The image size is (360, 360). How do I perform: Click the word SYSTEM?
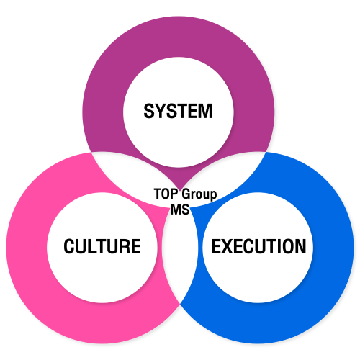[x=178, y=111]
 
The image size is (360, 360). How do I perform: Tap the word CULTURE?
[x=102, y=246]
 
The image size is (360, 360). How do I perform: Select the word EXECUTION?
[x=258, y=246]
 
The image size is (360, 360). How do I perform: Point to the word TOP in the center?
[x=166, y=194]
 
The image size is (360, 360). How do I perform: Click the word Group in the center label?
[x=199, y=195]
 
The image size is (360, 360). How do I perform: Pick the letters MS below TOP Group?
[x=180, y=210]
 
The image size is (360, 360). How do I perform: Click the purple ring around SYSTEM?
[x=179, y=36]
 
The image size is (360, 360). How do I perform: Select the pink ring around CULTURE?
[x=27, y=247]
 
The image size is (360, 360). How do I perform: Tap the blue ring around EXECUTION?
[x=333, y=247]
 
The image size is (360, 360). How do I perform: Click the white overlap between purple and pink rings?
[x=130, y=173]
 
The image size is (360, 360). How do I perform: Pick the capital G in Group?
[x=186, y=194]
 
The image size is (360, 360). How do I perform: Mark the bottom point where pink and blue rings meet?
[x=180, y=304]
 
